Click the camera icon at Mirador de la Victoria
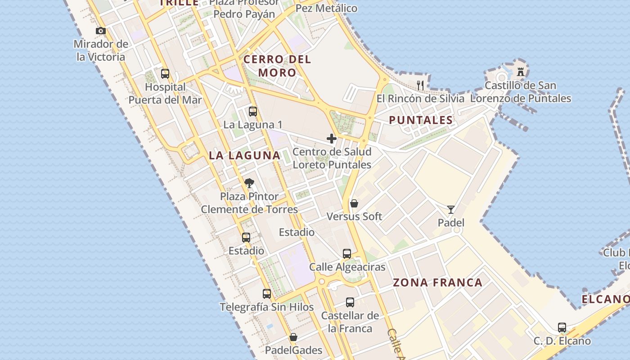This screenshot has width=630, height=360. pyautogui.click(x=101, y=31)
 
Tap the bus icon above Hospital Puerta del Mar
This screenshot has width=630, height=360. pyautogui.click(x=165, y=73)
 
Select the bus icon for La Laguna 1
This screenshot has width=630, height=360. pyautogui.click(x=253, y=111)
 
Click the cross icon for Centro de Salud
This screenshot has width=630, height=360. pyautogui.click(x=332, y=139)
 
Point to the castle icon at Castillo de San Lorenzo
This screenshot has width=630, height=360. pyautogui.click(x=521, y=72)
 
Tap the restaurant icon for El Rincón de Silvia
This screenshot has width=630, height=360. pyautogui.click(x=421, y=85)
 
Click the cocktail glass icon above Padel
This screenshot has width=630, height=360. pyautogui.click(x=451, y=209)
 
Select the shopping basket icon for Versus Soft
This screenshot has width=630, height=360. pyautogui.click(x=354, y=203)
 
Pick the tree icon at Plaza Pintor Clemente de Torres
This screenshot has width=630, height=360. pyautogui.click(x=249, y=183)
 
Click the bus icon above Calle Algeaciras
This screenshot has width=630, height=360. pyautogui.click(x=347, y=254)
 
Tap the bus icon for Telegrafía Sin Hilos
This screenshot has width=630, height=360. pyautogui.click(x=267, y=294)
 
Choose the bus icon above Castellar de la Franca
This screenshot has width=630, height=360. pyautogui.click(x=350, y=302)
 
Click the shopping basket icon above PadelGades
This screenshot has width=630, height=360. pyautogui.click(x=293, y=337)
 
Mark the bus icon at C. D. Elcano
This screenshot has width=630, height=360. pyautogui.click(x=562, y=328)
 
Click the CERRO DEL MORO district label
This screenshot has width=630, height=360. pyautogui.click(x=277, y=66)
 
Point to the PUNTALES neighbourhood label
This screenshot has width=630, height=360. pyautogui.click(x=421, y=120)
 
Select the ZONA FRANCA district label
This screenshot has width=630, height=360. pyautogui.click(x=437, y=283)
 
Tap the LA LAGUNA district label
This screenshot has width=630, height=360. pyautogui.click(x=244, y=156)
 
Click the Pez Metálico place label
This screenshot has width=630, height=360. pyautogui.click(x=326, y=9)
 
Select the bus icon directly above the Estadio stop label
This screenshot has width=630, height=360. pyautogui.click(x=246, y=238)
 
